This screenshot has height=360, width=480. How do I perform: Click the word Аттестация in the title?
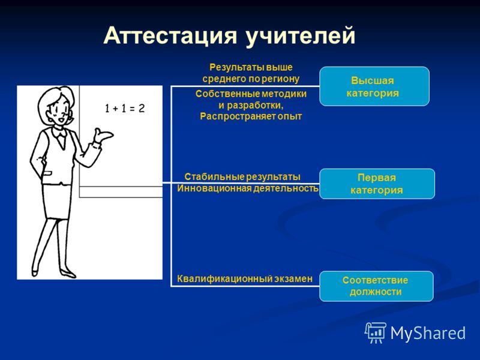(170, 35)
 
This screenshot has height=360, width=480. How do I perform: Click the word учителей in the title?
(301, 37)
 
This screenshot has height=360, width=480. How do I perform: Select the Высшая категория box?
(374, 86)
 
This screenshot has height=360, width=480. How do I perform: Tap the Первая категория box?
(377, 184)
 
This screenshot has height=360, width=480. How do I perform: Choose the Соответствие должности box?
(376, 286)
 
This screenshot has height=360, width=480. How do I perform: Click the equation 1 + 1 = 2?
(125, 109)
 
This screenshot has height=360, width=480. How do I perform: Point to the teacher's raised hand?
(103, 135)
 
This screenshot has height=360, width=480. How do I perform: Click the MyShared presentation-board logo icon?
(376, 333)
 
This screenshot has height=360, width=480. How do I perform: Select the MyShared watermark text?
(428, 333)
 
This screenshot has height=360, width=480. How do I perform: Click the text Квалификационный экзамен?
(245, 278)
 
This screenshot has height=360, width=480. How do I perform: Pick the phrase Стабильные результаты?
(242, 176)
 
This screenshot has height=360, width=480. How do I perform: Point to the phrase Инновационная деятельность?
(248, 188)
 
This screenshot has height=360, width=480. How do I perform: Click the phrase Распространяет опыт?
(251, 116)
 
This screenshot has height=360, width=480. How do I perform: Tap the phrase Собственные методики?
(251, 94)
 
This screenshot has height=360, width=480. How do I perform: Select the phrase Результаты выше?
(251, 67)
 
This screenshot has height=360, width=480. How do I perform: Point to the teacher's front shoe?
(68, 274)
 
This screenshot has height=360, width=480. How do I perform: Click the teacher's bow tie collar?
(59, 133)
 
